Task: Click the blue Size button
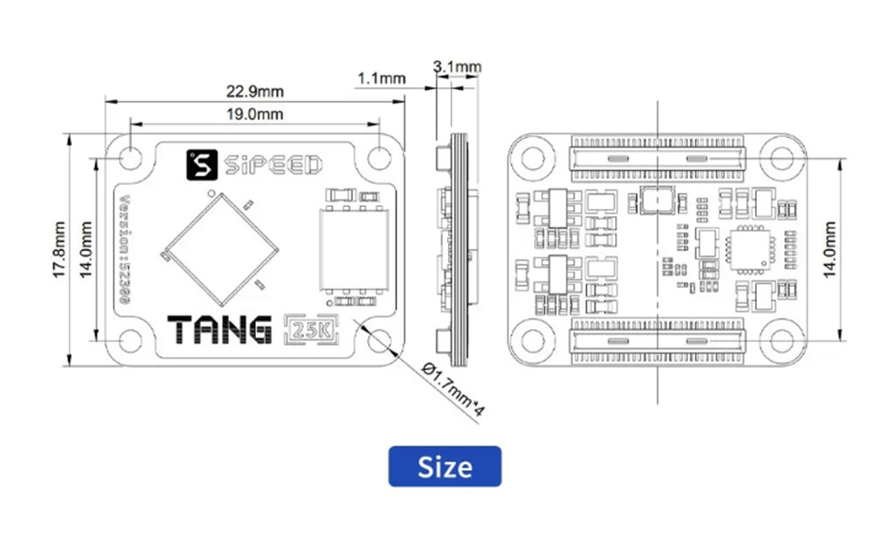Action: (445, 466)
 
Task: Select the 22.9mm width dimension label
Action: (255, 90)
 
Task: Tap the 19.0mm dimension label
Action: (255, 114)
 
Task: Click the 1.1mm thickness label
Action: (381, 79)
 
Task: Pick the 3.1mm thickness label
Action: (458, 66)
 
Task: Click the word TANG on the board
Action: (221, 328)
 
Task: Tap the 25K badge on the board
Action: (308, 328)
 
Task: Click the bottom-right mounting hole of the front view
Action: (378, 340)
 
